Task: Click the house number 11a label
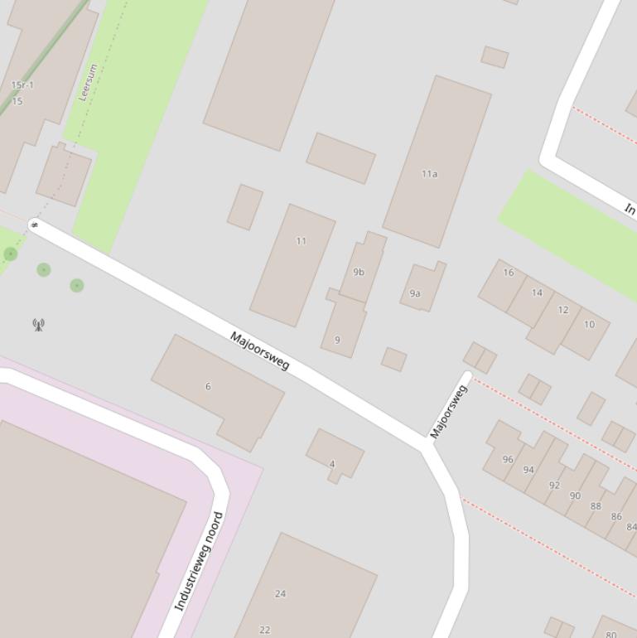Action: [429, 174]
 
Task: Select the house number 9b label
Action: [359, 272]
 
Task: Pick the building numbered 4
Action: [335, 454]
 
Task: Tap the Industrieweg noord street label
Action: [200, 562]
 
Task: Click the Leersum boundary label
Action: [88, 82]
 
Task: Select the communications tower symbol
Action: [38, 324]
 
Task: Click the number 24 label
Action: [280, 593]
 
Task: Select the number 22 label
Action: [264, 630]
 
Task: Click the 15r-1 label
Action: [22, 85]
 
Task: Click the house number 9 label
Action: [337, 340]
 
